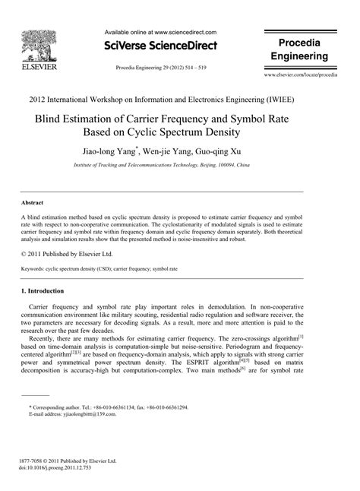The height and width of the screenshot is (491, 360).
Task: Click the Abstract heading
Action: [32, 204]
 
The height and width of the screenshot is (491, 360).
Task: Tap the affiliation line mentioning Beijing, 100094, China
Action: [179, 164]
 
